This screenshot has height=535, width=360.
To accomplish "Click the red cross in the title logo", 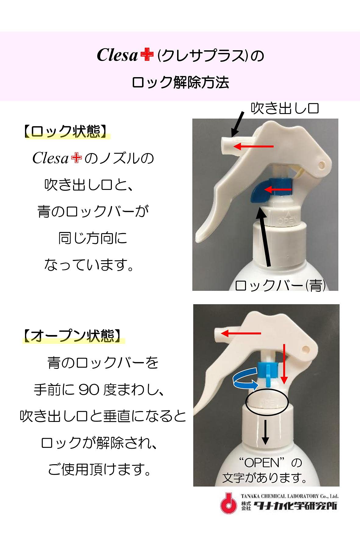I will [x=147, y=55].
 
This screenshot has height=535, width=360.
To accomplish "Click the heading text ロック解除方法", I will [x=180, y=83].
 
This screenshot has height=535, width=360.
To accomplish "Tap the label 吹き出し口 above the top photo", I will [x=284, y=108].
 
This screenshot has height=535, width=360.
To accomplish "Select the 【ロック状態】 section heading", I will [x=66, y=131].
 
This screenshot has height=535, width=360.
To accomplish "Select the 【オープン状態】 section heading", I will [x=73, y=335].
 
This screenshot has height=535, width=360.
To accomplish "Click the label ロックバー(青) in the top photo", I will [x=280, y=285].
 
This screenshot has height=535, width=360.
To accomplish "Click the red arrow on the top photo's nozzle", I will [x=253, y=146].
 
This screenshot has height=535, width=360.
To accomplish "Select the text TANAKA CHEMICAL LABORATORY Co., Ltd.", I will [x=289, y=496].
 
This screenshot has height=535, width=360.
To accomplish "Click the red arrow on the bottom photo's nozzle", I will [x=241, y=333].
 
